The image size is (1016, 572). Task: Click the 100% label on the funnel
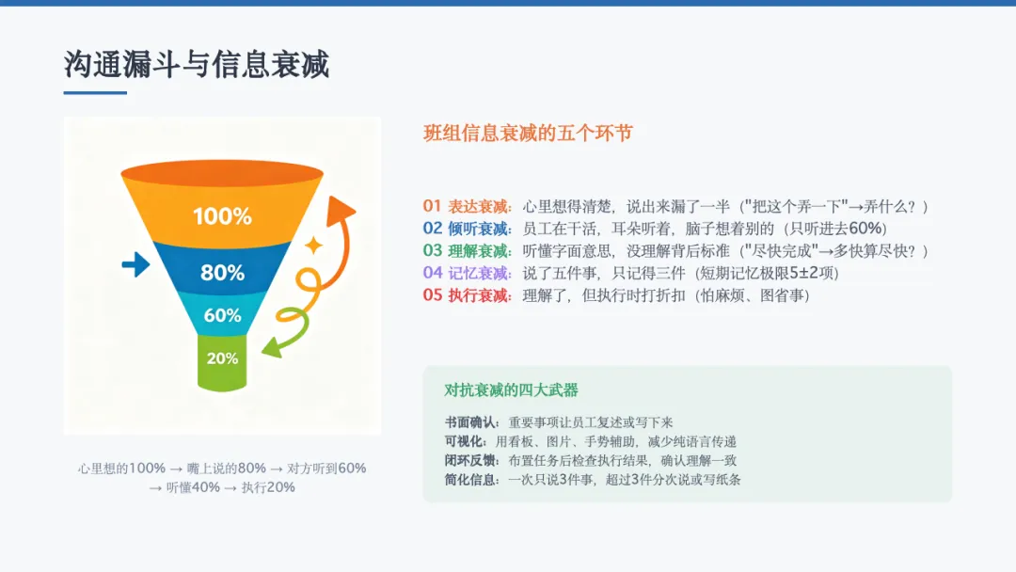[222, 215]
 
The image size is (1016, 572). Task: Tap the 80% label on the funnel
[222, 273]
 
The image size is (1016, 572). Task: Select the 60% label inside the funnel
[222, 315]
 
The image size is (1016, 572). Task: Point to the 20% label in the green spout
[222, 358]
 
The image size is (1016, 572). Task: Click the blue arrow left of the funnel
[135, 264]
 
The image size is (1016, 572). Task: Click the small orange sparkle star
[313, 245]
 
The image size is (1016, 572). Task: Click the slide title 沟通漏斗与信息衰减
[197, 65]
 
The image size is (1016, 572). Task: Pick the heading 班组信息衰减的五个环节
[528, 133]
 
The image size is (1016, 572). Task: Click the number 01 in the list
[432, 206]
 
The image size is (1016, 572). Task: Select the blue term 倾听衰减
[479, 229]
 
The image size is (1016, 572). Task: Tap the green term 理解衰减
[479, 250]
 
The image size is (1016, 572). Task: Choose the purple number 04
[433, 273]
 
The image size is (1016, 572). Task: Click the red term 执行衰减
[479, 295]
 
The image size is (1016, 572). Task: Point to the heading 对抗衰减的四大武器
[511, 390]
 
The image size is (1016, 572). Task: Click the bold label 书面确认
[471, 422]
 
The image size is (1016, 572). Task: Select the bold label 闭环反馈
[471, 461]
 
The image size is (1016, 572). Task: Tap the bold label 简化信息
[471, 480]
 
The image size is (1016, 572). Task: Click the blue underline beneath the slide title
[95, 92]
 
